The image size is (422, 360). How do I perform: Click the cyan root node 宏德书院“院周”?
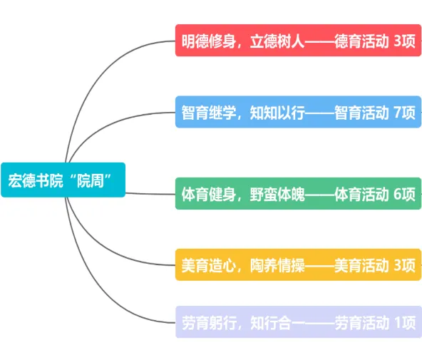click(x=63, y=180)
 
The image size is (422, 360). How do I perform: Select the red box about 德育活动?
click(x=298, y=41)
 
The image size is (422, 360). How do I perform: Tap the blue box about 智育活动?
click(x=298, y=112)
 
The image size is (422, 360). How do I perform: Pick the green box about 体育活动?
click(x=298, y=193)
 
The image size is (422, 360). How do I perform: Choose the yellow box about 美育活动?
click(x=298, y=264)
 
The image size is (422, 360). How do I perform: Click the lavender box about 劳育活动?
click(x=298, y=322)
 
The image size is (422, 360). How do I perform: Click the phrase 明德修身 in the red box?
click(x=209, y=41)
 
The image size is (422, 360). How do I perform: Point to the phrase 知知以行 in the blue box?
click(x=277, y=113)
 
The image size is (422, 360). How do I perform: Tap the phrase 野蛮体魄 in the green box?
click(x=277, y=195)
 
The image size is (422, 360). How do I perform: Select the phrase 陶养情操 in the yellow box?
click(x=277, y=266)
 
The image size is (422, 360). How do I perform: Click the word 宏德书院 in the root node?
click(x=35, y=180)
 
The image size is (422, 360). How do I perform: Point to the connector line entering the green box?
click(x=150, y=193)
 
